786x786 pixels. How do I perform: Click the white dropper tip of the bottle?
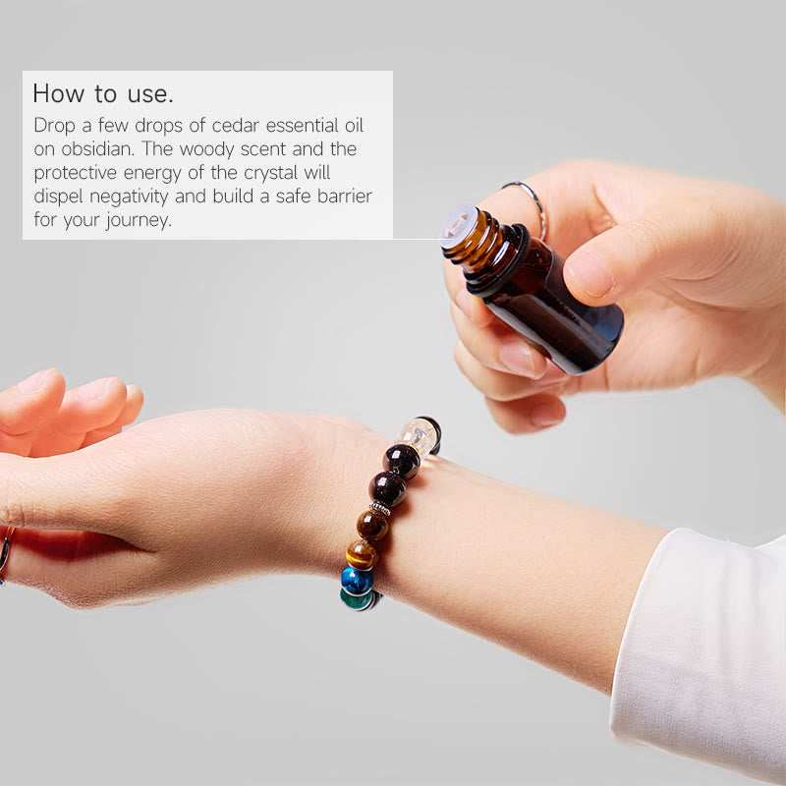point(456,223)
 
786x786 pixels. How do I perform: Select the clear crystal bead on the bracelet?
point(417,434)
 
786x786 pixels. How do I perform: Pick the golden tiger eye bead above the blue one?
point(362,554)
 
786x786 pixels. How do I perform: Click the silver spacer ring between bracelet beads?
point(380,508)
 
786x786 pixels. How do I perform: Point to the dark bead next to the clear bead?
point(401,460)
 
